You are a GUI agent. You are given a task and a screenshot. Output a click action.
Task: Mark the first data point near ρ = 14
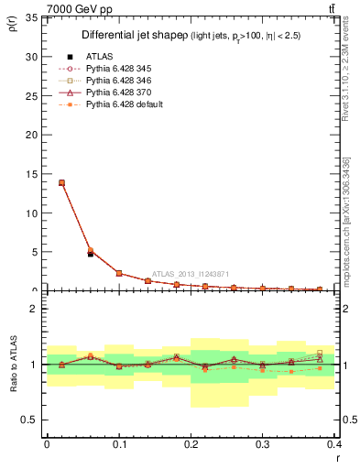click(61, 182)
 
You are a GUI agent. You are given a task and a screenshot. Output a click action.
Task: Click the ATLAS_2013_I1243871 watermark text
click(191, 274)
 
